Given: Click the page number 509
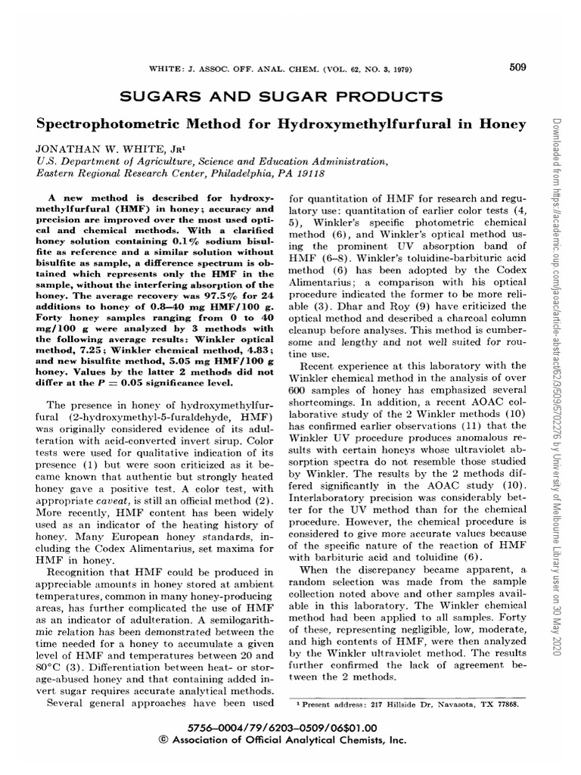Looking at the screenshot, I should [517, 67].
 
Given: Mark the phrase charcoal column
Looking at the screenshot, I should [483, 319].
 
